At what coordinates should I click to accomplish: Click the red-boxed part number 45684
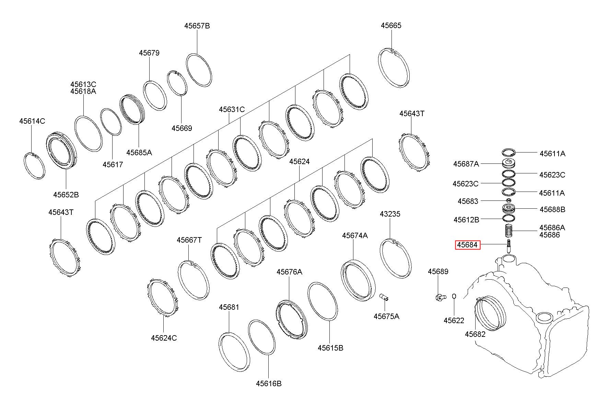(468, 245)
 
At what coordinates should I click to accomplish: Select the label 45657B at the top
(197, 26)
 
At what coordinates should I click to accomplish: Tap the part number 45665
(391, 25)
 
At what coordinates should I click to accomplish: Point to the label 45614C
(32, 121)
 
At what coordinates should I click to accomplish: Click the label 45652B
(66, 195)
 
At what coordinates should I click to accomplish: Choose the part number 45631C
(232, 109)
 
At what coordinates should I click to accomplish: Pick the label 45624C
(164, 338)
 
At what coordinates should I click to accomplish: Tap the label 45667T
(189, 240)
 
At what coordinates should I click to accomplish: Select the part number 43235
(390, 214)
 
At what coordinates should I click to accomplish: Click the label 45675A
(386, 316)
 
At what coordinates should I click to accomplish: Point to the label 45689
(438, 271)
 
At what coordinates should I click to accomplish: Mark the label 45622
(454, 320)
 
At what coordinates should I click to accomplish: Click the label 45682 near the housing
(475, 334)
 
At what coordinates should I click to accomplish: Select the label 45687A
(466, 164)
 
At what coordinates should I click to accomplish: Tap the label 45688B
(552, 209)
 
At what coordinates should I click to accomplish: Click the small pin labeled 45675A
(384, 297)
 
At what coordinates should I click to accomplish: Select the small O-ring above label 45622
(454, 296)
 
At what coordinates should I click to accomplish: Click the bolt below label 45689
(440, 297)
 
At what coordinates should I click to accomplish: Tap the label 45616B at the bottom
(269, 383)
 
